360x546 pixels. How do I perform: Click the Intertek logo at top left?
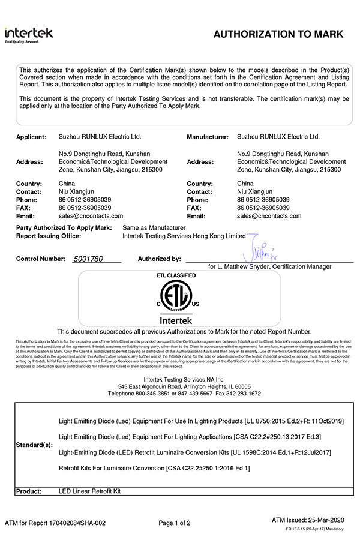(x=28, y=35)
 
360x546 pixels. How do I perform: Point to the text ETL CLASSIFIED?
(x=176, y=275)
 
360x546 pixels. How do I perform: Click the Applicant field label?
(x=31, y=137)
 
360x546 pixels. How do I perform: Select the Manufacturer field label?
(x=208, y=137)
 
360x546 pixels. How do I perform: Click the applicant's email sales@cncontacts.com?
(x=91, y=216)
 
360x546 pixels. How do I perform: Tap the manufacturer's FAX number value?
(x=263, y=208)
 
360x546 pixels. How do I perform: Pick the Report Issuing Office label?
(x=49, y=236)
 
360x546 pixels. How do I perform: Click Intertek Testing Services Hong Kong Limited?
(x=184, y=236)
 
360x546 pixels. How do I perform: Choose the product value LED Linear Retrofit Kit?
(x=90, y=491)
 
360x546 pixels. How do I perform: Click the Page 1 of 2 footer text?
(x=175, y=523)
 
